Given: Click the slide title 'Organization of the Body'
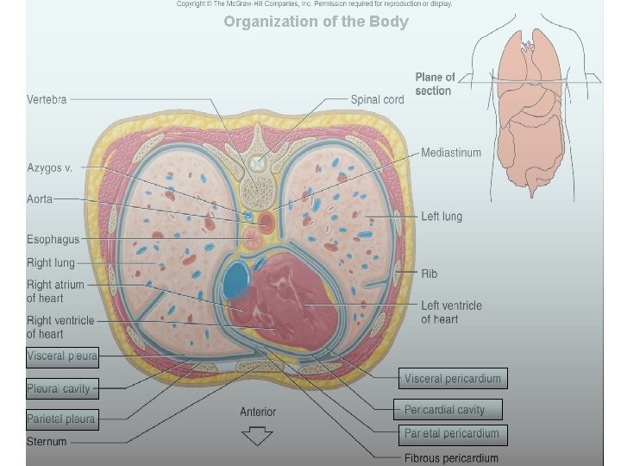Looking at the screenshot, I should coord(316,22).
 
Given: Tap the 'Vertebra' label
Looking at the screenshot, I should coord(47,99).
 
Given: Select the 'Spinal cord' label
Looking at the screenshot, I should coord(377,100).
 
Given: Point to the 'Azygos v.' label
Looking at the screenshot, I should coord(49,167).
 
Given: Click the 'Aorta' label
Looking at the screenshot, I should coord(40,199).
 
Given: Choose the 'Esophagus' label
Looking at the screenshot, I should coord(53,240).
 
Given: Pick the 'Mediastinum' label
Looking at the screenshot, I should coord(451,154).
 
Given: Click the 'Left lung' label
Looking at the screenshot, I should coord(442,217).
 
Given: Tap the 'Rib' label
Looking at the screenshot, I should coord(429,274).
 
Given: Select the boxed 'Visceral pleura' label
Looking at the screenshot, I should coord(62,356).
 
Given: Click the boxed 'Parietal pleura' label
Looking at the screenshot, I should coord(61,420).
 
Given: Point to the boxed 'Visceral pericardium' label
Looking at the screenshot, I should coord(452,379).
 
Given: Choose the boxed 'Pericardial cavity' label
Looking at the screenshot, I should coord(444,410).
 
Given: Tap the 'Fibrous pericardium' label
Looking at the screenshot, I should coord(451,457).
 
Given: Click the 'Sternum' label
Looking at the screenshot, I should coord(47,442).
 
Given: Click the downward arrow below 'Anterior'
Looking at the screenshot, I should coord(256,437).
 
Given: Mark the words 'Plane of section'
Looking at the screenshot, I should coord(435,84).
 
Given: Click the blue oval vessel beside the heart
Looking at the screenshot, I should coord(235,280).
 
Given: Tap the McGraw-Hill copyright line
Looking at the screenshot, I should coord(314,4).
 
